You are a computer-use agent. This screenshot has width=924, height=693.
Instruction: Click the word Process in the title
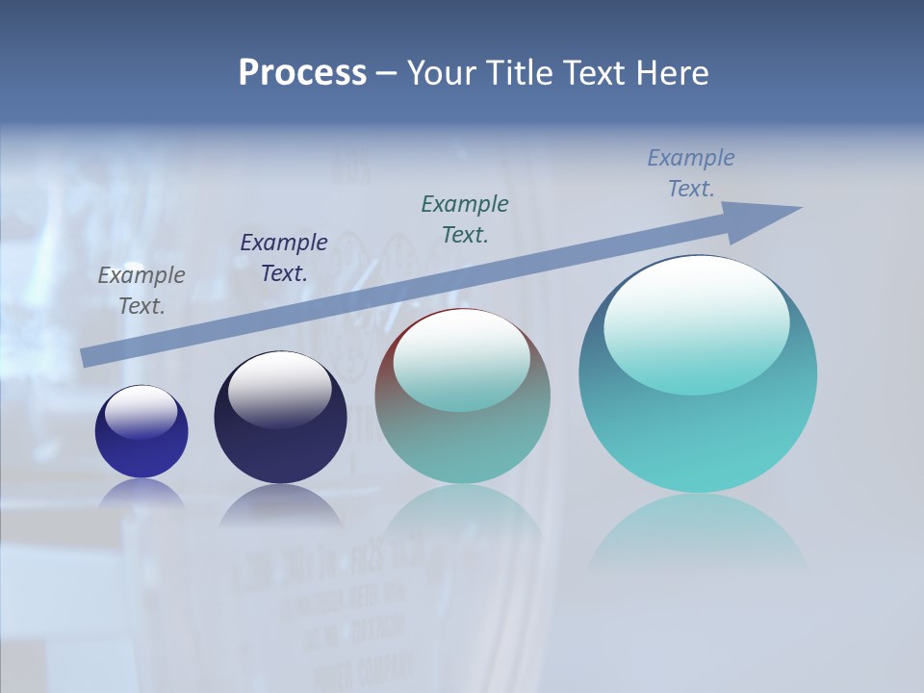coord(302,73)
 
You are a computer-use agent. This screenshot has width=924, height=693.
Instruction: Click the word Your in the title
coord(440,73)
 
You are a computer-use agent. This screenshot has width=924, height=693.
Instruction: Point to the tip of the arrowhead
coord(801,208)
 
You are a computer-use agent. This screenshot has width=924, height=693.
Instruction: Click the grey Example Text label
coord(141,291)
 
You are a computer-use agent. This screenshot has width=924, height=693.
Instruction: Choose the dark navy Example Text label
coord(284,258)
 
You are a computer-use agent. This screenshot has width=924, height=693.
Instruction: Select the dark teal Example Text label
coord(465,218)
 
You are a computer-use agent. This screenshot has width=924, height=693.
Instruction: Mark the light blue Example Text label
coord(691,173)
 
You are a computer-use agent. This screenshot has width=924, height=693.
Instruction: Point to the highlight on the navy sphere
coord(279,390)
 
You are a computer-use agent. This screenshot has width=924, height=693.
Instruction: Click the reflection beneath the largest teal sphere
coord(698,529)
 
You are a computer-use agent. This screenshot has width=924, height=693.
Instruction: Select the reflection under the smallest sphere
coord(141,493)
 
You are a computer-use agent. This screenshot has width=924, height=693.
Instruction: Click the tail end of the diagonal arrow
coord(85,358)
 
